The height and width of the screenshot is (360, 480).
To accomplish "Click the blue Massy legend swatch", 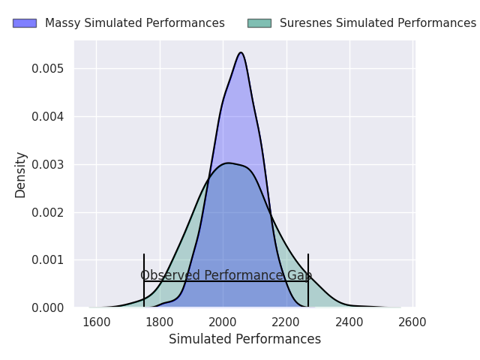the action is tap(25, 23).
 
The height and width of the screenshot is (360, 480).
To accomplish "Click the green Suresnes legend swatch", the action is tap(259, 23).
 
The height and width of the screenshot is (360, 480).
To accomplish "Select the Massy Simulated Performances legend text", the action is tap(135, 23).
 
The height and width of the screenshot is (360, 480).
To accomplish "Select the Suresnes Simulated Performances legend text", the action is tap(378, 23).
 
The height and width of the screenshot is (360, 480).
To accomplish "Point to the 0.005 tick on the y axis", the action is tap(47, 68).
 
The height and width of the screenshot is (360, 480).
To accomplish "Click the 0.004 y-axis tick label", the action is tap(47, 117).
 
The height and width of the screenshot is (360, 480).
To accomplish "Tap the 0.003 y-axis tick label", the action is tap(47, 165).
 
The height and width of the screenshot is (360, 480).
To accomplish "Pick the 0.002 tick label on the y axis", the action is tap(47, 212).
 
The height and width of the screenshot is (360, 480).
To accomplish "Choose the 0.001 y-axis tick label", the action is tap(47, 260).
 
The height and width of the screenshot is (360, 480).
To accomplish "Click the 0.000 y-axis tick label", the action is tap(47, 308).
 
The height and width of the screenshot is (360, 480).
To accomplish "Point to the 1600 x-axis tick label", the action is tap(97, 322).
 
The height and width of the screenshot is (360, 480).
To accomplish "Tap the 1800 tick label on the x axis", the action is tap(160, 322).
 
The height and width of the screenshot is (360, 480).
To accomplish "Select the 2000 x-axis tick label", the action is tap(223, 322).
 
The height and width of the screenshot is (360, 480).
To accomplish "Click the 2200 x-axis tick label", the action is tap(286, 322).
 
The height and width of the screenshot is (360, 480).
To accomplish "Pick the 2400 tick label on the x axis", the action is tap(349, 322).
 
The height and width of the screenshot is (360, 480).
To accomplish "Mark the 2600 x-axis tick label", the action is tap(412, 322).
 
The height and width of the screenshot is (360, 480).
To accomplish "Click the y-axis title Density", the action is tap(20, 175).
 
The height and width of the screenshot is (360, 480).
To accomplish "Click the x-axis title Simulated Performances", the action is tap(245, 340).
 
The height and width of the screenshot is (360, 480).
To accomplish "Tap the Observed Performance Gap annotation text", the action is tap(226, 275).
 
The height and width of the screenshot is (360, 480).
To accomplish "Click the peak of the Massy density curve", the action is tap(241, 52).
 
